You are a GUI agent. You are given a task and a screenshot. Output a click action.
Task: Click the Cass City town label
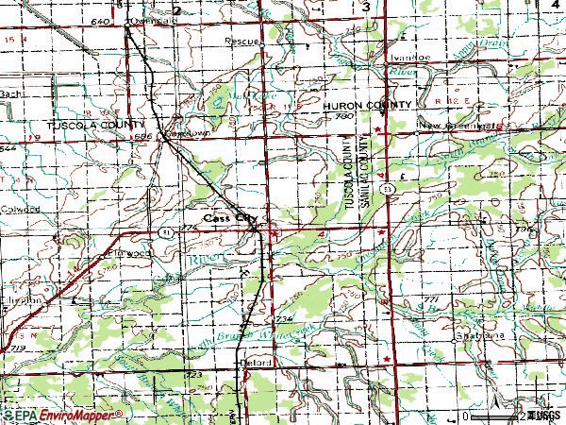coord(230,216)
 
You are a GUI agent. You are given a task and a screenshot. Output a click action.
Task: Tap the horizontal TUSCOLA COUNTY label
coord(98,125)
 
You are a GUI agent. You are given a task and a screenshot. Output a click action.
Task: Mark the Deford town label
coord(259,362)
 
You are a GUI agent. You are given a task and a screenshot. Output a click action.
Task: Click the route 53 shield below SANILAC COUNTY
coord(387,190)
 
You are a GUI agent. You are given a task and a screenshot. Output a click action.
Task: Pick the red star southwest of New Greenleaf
coord(378,128)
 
